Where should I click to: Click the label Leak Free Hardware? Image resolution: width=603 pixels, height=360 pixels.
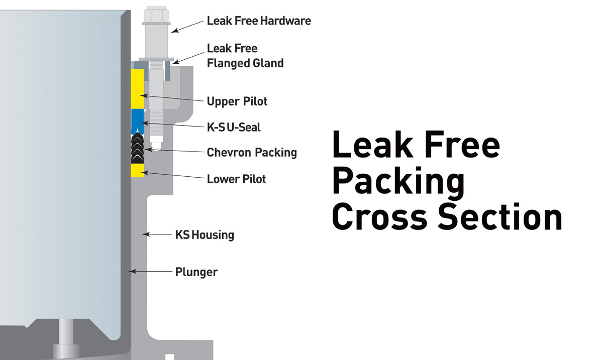259,21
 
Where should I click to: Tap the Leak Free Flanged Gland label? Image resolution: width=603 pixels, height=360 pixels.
245,56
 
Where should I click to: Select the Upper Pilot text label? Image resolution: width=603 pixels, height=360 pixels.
237,101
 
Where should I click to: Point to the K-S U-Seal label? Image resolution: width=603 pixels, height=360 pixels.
234,127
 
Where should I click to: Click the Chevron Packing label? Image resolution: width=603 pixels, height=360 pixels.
252,152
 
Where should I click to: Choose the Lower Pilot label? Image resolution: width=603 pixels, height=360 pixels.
236,178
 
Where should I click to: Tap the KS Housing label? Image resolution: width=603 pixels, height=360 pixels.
205,234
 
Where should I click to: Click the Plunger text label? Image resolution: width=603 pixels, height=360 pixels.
196,272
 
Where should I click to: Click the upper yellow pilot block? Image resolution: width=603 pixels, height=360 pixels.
137,88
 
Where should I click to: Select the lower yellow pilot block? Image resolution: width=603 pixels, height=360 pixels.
138,170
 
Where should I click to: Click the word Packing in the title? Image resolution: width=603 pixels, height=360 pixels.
398,182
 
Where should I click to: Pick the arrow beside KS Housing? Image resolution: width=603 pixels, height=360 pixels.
157,234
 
